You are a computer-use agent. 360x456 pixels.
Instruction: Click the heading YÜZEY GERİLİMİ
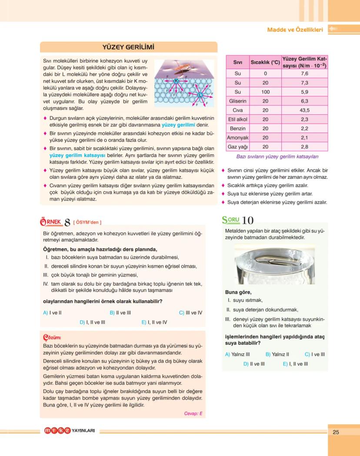[128, 47]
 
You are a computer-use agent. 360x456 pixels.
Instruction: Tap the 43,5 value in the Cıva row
[304, 110]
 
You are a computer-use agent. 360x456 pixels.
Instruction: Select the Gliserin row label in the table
[237, 101]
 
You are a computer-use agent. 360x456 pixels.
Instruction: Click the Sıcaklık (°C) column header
[265, 62]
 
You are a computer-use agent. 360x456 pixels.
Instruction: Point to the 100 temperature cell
[265, 92]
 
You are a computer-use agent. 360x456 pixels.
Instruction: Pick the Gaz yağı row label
[237, 147]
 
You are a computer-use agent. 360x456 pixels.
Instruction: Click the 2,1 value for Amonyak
[304, 138]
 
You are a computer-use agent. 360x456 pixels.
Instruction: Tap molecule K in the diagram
[176, 81]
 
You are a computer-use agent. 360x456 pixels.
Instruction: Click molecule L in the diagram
[200, 95]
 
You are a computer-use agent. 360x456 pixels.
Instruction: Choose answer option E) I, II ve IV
[154, 323]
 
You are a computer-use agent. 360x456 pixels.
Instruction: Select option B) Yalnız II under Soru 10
[277, 354]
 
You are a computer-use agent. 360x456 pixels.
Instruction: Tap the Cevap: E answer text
[193, 413]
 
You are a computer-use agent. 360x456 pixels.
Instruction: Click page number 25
[336, 432]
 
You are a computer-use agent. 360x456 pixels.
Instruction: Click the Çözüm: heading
[52, 337]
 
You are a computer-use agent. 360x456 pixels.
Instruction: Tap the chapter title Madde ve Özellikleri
[295, 30]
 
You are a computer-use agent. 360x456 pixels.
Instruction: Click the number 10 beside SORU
[248, 221]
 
